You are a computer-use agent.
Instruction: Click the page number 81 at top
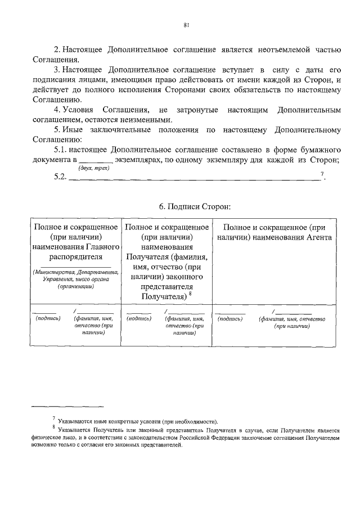tap(186, 25)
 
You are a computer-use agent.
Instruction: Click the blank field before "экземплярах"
tap(96, 161)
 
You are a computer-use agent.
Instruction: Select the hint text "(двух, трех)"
tap(93, 168)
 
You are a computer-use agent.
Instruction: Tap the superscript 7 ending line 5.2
tap(322, 175)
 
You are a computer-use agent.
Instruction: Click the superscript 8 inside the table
tap(191, 293)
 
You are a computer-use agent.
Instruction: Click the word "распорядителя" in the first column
tap(76, 258)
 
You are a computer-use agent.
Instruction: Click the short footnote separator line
tap(67, 406)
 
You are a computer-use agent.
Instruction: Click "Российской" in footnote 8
tap(202, 436)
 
